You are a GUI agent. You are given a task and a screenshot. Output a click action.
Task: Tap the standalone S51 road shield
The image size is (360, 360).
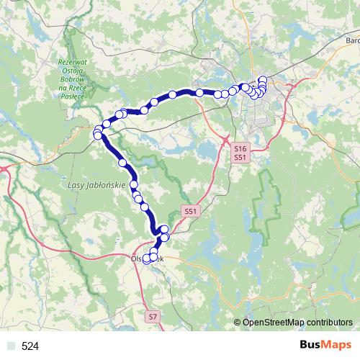point(189,211)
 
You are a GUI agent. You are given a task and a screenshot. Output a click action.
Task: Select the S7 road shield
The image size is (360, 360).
point(152,317)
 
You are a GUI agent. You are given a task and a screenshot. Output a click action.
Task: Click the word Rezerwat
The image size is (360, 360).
point(73,62)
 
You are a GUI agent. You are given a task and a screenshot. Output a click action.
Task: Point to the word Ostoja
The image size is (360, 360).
point(72,71)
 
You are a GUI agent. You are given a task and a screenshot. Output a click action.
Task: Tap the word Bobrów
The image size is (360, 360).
point(73,79)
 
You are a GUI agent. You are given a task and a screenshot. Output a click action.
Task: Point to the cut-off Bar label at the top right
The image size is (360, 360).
point(352,41)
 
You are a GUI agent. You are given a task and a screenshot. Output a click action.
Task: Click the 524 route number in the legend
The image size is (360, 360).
point(30,346)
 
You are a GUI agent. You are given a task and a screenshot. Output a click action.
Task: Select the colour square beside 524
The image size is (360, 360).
point(9,346)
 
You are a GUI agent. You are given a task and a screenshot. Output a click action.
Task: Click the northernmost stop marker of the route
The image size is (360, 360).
point(262,79)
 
